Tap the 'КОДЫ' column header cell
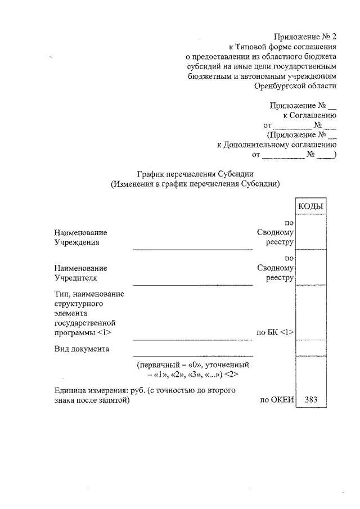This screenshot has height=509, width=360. pyautogui.click(x=310, y=206)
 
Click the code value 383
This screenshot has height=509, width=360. pyautogui.click(x=310, y=400)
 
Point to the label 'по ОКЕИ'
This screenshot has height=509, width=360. pyautogui.click(x=276, y=400)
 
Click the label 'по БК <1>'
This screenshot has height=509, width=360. pyautogui.click(x=275, y=333)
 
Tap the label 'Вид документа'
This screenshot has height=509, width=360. pyautogui.click(x=82, y=349)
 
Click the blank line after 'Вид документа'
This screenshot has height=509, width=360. pyautogui.click(x=193, y=355)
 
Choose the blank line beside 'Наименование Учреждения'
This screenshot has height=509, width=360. pyautogui.click(x=193, y=249)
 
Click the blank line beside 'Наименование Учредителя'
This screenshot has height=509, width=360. pyautogui.click(x=193, y=285)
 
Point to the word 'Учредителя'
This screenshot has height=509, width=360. pyautogui.click(x=76, y=278)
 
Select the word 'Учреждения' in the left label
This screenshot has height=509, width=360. pyautogui.click(x=76, y=242)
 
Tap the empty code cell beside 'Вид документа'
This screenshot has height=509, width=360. pyautogui.click(x=310, y=348)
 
